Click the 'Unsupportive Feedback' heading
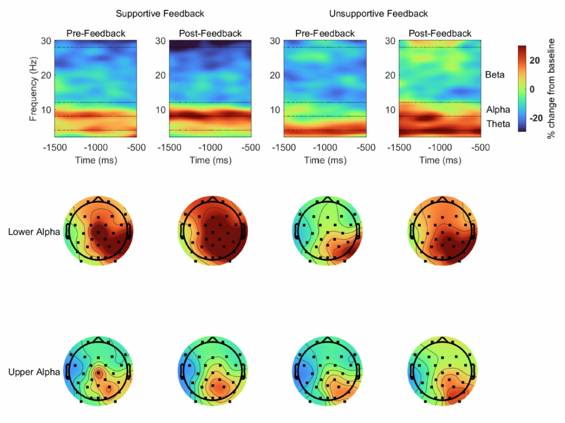378,13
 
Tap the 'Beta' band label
495,74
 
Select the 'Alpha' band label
498,110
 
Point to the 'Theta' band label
498,124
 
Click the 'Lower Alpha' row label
34,232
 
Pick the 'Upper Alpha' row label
34,372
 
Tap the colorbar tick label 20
534,61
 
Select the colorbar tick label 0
531,89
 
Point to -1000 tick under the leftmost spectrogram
97,149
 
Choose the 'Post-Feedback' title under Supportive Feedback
210,34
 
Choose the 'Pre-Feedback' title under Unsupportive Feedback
325,34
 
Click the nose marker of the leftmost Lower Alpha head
98,197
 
